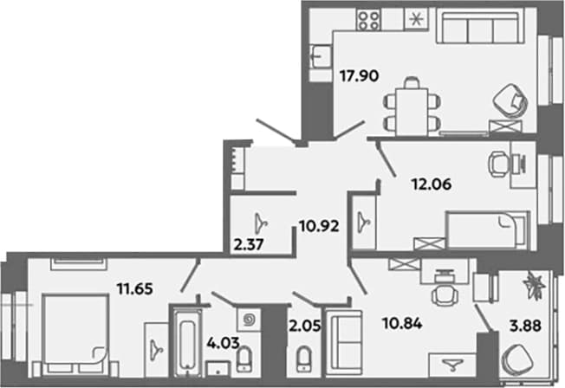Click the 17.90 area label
[360, 76]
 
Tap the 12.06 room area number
[432, 184]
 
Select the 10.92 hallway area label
[319, 227]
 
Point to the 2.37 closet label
[249, 245]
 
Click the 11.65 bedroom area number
[135, 288]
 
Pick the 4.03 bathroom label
[223, 343]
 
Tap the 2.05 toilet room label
[304, 326]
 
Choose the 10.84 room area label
[402, 324]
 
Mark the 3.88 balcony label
[525, 326]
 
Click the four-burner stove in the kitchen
[368, 19]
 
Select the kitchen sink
[321, 56]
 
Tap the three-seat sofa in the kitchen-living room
[480, 27]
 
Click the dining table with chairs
[412, 107]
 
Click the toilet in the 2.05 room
[304, 359]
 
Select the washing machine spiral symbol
[248, 320]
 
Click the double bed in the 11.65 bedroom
[75, 334]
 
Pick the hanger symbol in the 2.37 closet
[261, 223]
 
